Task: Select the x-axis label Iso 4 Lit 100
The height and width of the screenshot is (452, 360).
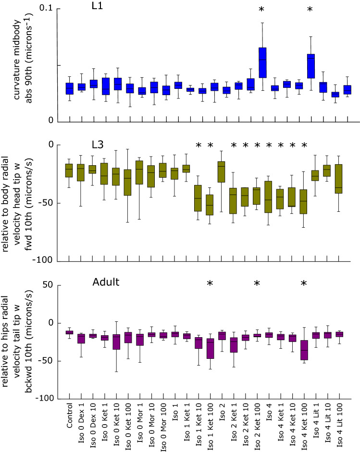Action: pos(340,425)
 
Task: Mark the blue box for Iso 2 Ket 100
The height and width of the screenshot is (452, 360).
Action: pos(262,62)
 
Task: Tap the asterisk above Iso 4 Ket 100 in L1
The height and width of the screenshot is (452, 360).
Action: pos(310,9)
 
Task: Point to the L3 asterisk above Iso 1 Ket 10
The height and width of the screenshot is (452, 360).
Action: pos(198,145)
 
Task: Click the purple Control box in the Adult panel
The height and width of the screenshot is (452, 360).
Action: pos(69,332)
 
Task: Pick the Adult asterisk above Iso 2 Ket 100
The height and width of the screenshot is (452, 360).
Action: pos(257,283)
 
